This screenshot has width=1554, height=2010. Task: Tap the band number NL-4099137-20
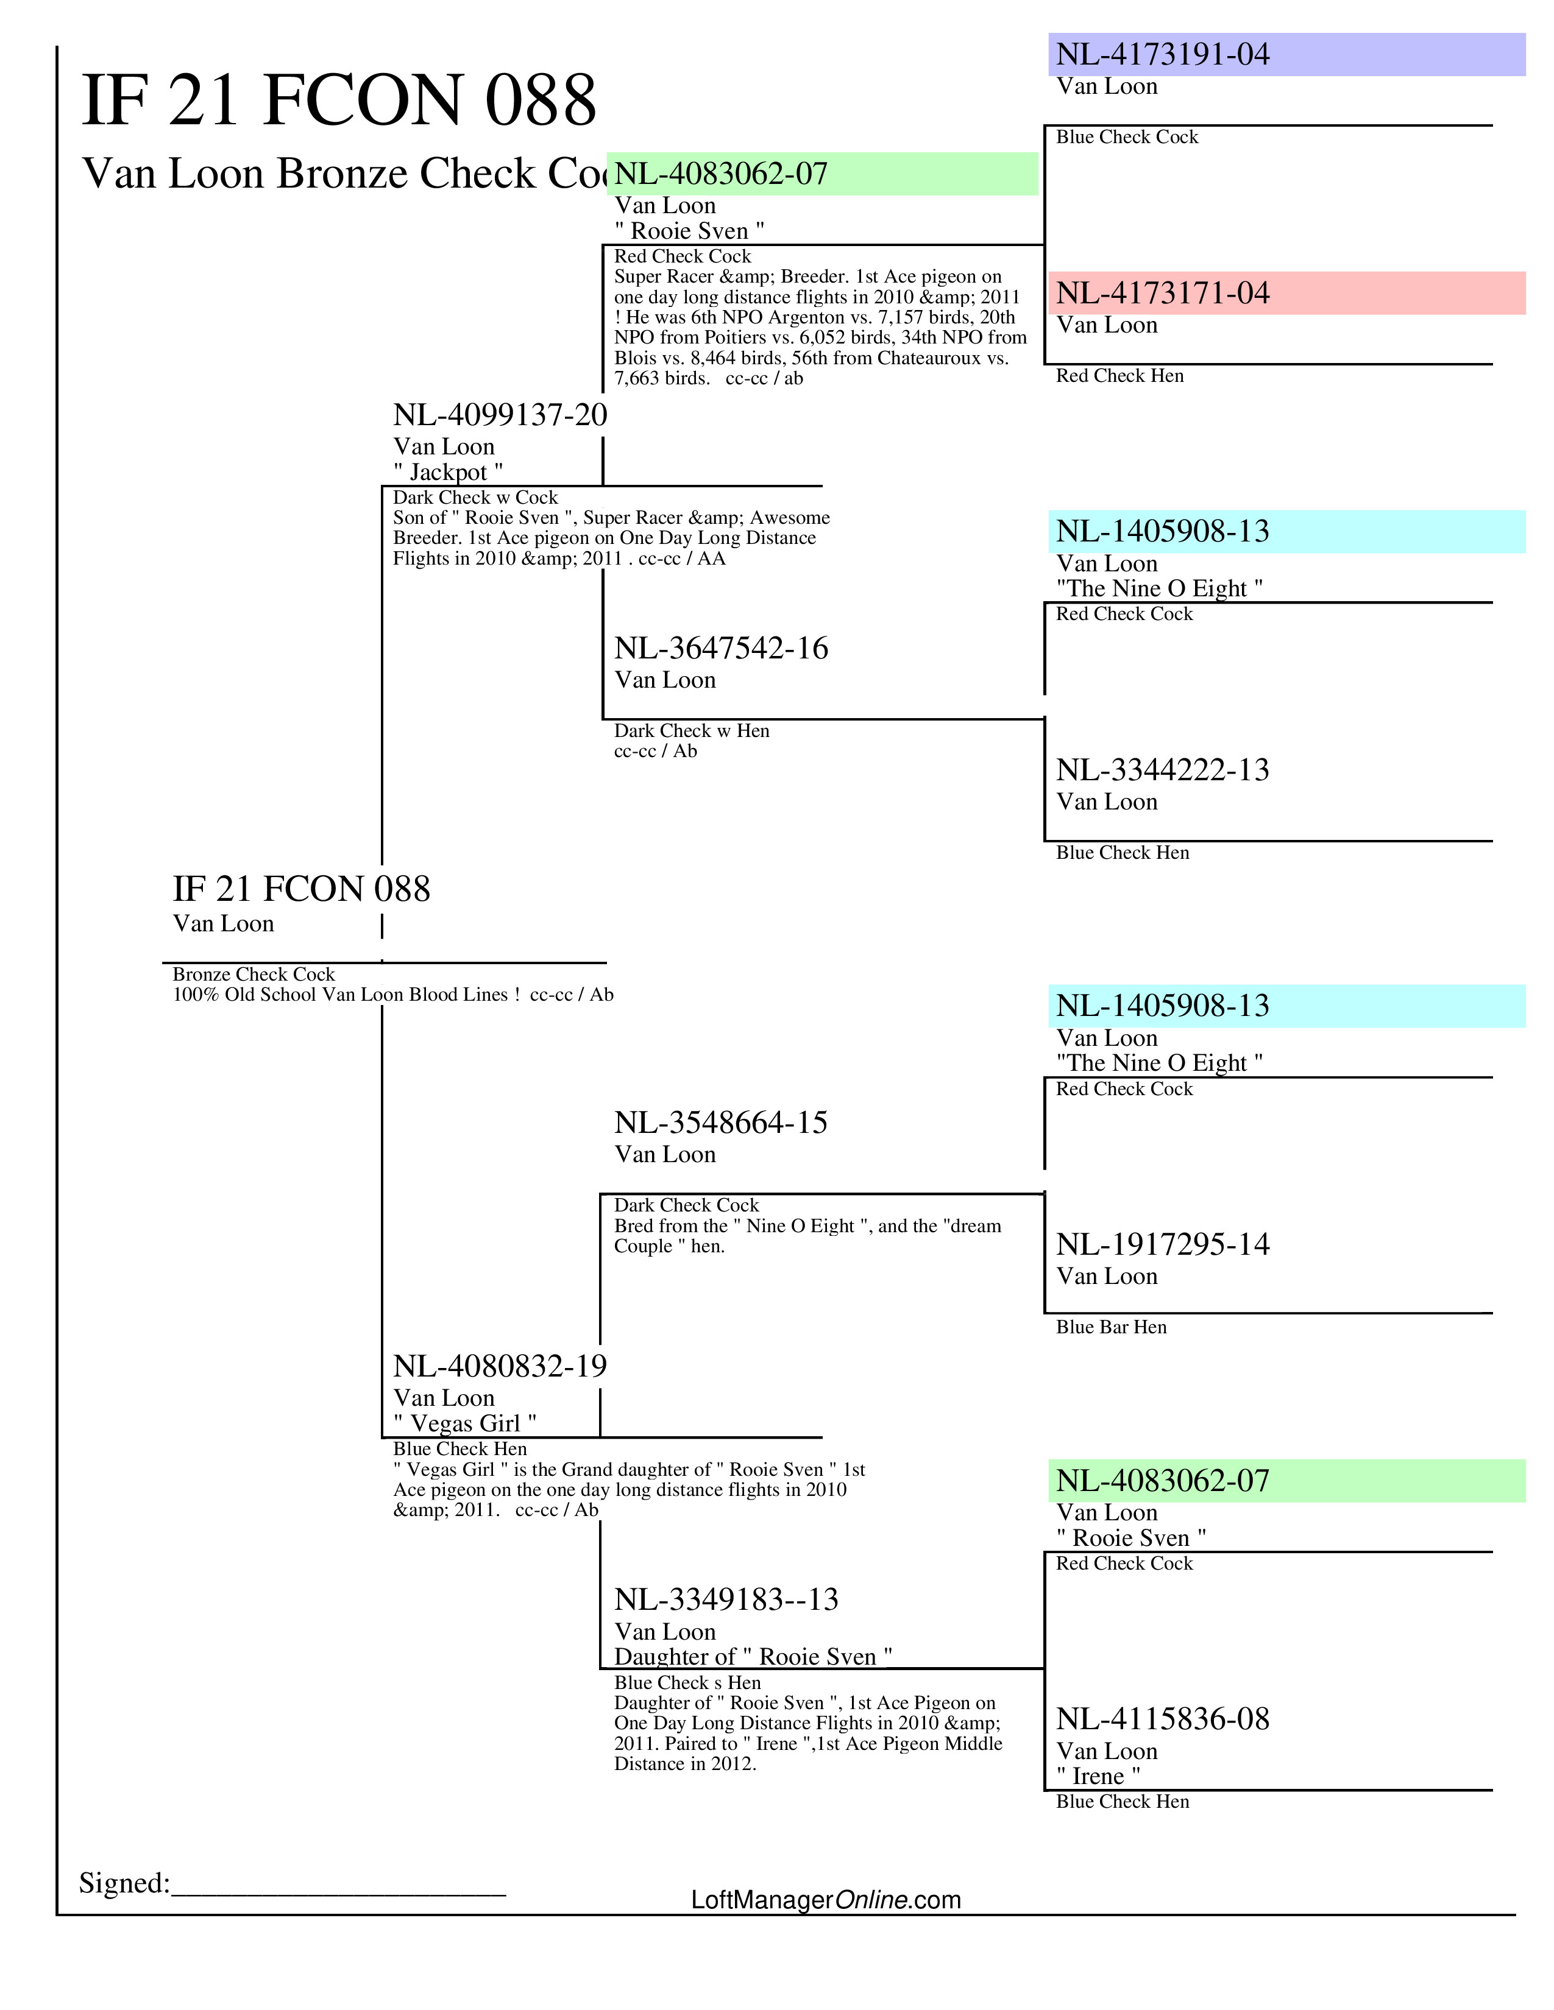click(x=500, y=415)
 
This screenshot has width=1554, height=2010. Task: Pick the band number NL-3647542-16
click(x=721, y=648)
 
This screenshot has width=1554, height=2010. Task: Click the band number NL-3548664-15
click(x=721, y=1123)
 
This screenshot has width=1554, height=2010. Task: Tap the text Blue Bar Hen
click(x=1110, y=1327)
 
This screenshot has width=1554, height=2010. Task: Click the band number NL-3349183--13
click(x=726, y=1599)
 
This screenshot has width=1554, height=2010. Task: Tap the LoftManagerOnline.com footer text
click(x=825, y=1900)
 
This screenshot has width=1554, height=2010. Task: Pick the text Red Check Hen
click(x=1119, y=375)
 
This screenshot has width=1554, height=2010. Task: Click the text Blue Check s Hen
click(x=687, y=1682)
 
